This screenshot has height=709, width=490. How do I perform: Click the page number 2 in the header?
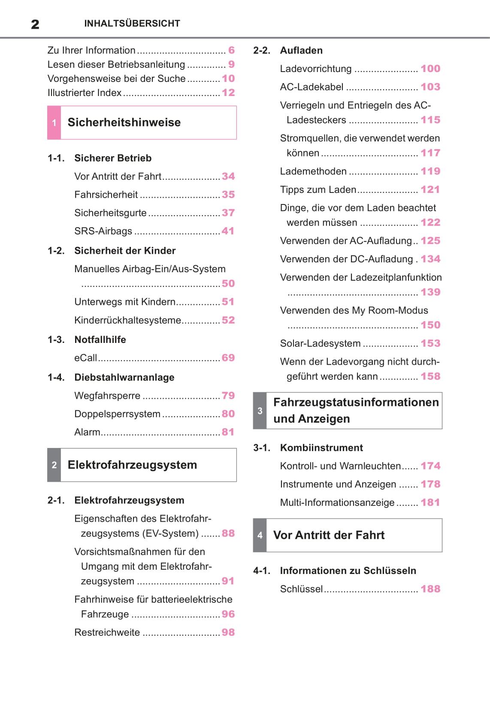click(35, 24)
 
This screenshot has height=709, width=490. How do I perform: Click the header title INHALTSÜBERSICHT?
click(132, 24)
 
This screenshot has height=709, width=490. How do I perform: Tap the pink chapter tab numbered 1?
click(54, 123)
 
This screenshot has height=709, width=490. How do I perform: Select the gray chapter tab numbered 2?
click(54, 465)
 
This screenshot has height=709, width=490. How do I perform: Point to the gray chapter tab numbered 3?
click(260, 411)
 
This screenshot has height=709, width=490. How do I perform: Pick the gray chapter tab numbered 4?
click(260, 535)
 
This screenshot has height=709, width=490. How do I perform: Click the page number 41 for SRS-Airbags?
click(228, 231)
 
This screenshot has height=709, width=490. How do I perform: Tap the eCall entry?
click(86, 358)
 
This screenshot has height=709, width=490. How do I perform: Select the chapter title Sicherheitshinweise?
click(124, 123)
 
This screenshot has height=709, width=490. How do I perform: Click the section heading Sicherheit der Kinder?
click(125, 251)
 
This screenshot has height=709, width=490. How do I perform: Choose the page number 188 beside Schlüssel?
click(430, 589)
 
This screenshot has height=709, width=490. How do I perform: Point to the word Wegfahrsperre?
click(107, 396)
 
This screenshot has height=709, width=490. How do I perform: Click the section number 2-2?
click(262, 51)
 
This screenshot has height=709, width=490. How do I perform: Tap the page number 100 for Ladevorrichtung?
click(430, 69)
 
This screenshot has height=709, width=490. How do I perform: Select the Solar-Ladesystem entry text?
click(320, 343)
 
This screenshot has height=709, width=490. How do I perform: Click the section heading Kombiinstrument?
click(321, 448)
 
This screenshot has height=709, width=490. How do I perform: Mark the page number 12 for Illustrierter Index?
click(228, 93)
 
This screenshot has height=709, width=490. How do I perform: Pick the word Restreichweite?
click(107, 633)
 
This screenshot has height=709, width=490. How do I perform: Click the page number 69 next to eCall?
click(228, 358)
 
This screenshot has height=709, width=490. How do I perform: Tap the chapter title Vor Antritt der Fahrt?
click(329, 535)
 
